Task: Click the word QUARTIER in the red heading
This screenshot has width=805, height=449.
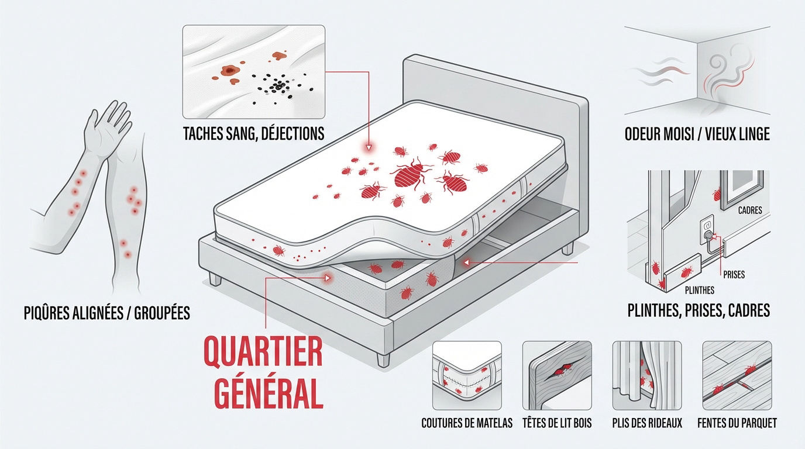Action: point(263,351)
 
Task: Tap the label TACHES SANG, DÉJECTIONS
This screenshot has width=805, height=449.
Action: point(254,133)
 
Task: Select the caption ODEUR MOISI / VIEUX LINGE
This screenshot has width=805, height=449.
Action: point(697,134)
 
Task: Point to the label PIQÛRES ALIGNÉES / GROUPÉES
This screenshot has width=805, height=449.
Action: point(107,313)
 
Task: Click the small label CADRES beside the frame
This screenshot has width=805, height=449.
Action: point(750,210)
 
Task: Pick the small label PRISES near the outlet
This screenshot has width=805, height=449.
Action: point(734,275)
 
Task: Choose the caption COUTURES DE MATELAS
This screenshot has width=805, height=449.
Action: point(467,423)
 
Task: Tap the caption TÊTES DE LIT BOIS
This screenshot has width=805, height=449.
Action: point(557,423)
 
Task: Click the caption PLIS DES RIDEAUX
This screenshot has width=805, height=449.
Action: point(647,423)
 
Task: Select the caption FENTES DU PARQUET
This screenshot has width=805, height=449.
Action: point(737,423)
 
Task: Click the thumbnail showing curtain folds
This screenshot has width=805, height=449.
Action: point(647,375)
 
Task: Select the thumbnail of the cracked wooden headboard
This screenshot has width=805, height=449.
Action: point(557,375)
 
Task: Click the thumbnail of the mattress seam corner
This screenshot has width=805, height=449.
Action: point(467,375)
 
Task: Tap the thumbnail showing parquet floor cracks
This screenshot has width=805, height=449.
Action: point(737,375)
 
